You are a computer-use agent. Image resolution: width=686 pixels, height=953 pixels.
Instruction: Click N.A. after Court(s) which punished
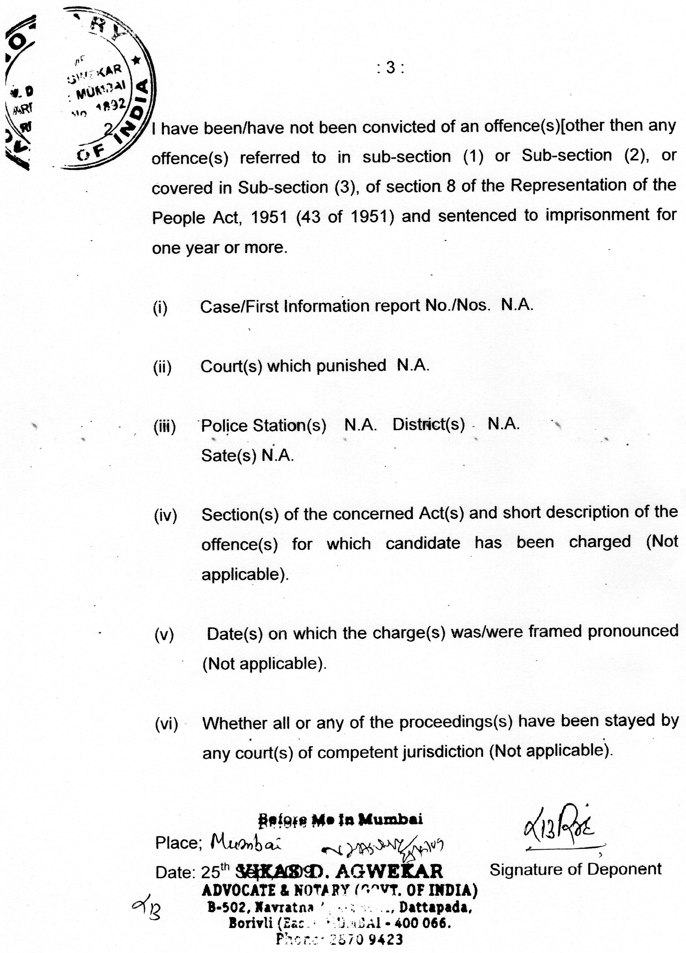[413, 366]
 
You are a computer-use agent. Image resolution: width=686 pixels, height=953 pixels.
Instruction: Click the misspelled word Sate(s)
[228, 455]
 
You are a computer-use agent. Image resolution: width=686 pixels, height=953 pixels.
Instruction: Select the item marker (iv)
[166, 515]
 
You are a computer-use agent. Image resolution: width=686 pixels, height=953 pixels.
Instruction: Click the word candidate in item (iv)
[423, 543]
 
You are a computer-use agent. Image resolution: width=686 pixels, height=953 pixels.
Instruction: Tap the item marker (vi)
[167, 724]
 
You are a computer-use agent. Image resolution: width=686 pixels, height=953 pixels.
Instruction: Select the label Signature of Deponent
[575, 869]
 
